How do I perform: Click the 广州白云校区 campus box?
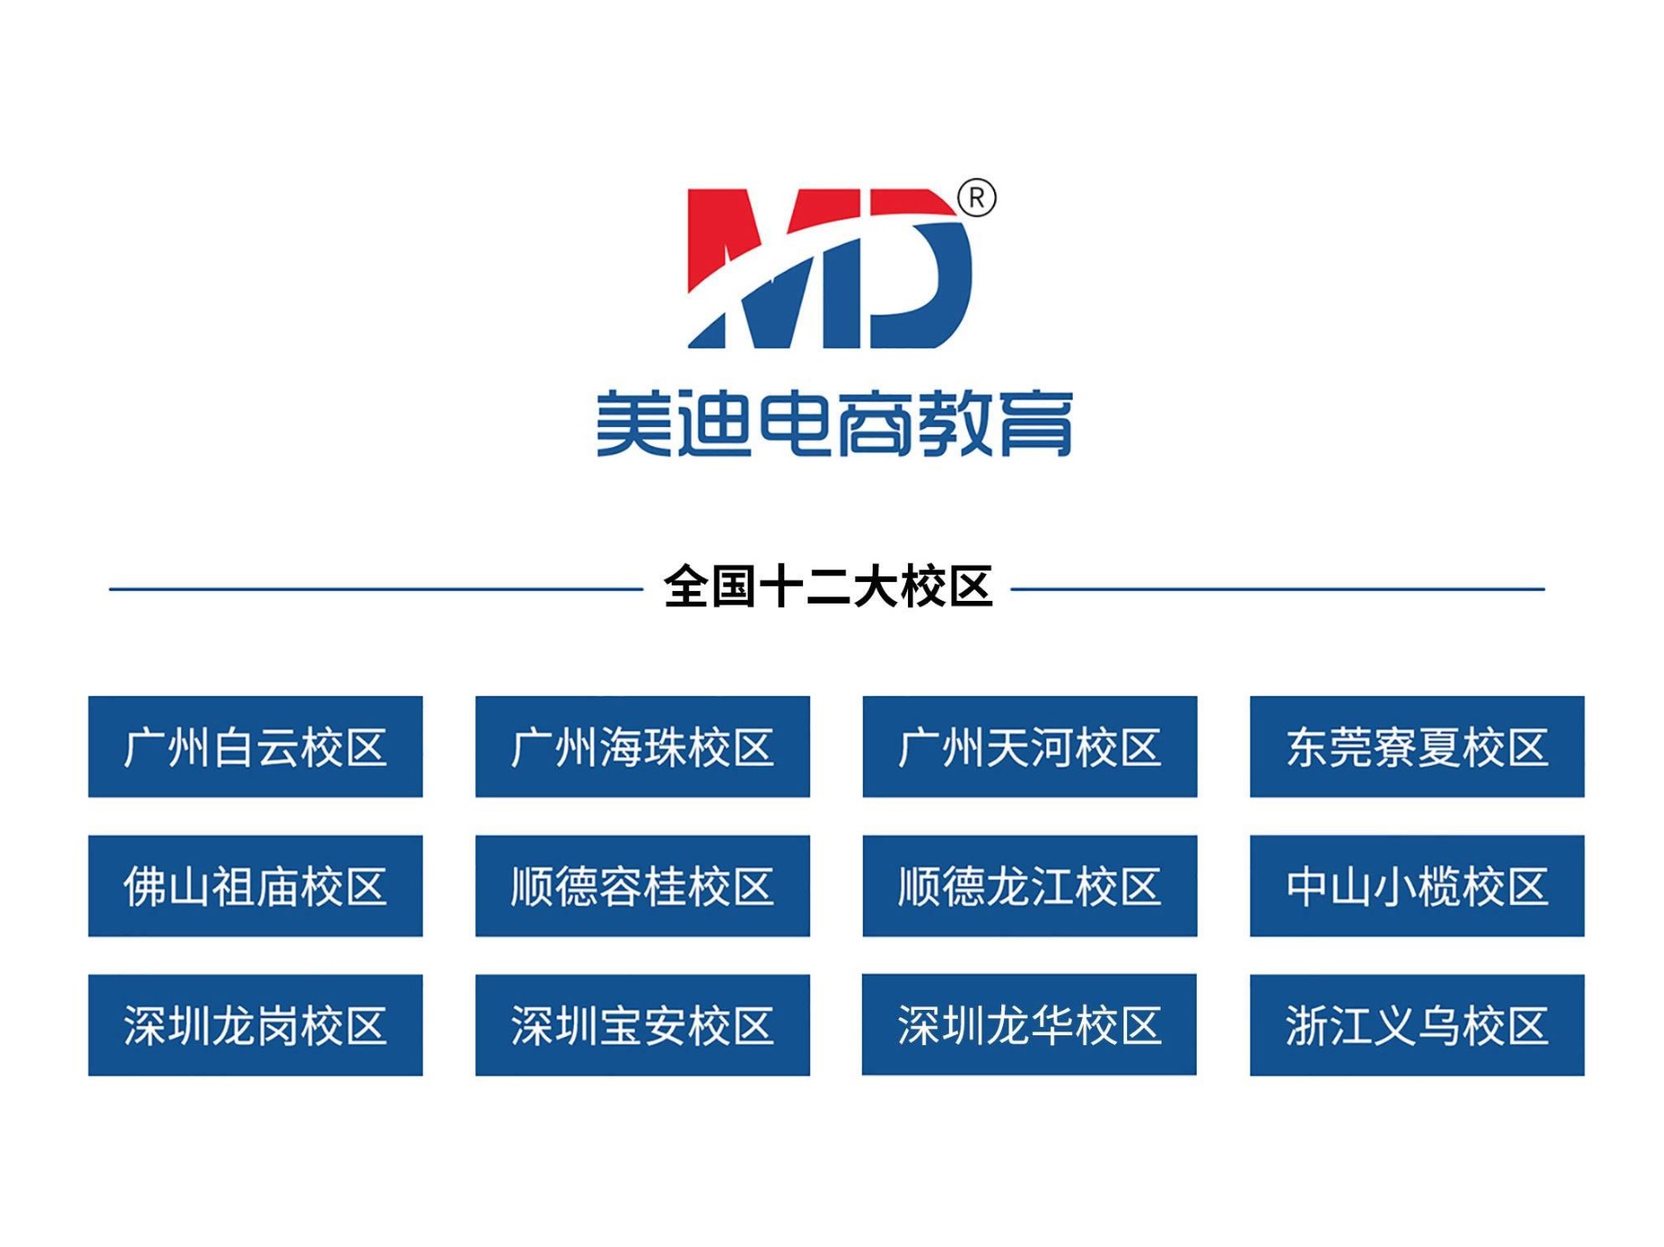click(255, 747)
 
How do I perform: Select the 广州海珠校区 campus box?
click(643, 747)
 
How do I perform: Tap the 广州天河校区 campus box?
click(1030, 747)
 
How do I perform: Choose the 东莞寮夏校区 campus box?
click(1418, 747)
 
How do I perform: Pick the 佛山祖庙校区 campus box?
click(255, 886)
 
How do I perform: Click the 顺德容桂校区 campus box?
click(643, 886)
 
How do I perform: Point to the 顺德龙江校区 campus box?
click(1030, 886)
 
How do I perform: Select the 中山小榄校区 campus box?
click(1418, 886)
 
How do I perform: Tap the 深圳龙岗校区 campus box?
click(255, 1025)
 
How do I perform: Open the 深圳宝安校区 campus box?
click(643, 1025)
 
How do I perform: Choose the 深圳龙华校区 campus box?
click(1029, 1024)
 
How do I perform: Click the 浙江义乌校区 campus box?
click(1418, 1025)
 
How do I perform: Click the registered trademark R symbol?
click(977, 198)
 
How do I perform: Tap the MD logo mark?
click(829, 269)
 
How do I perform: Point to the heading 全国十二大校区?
click(828, 587)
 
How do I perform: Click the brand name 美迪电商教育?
click(834, 424)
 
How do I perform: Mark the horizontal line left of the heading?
click(376, 589)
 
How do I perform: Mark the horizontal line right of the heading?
click(1277, 589)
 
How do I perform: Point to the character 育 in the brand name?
click(1038, 424)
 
